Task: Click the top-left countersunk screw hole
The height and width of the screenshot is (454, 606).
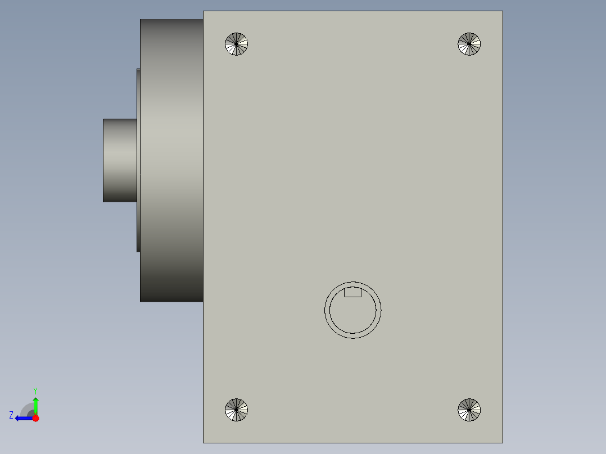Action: [237, 44]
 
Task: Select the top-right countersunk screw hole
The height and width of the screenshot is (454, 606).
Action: [469, 44]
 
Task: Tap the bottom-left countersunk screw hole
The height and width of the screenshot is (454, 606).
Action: [237, 410]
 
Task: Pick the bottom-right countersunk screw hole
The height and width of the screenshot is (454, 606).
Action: [469, 410]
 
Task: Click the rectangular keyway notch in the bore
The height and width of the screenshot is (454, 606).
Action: [352, 293]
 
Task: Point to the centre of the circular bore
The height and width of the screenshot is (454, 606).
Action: [353, 310]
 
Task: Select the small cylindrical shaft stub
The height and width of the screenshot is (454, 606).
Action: [120, 160]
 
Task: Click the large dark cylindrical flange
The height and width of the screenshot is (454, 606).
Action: [171, 160]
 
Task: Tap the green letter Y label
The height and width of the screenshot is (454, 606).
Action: [35, 391]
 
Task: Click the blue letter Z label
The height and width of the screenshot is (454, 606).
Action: [11, 415]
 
